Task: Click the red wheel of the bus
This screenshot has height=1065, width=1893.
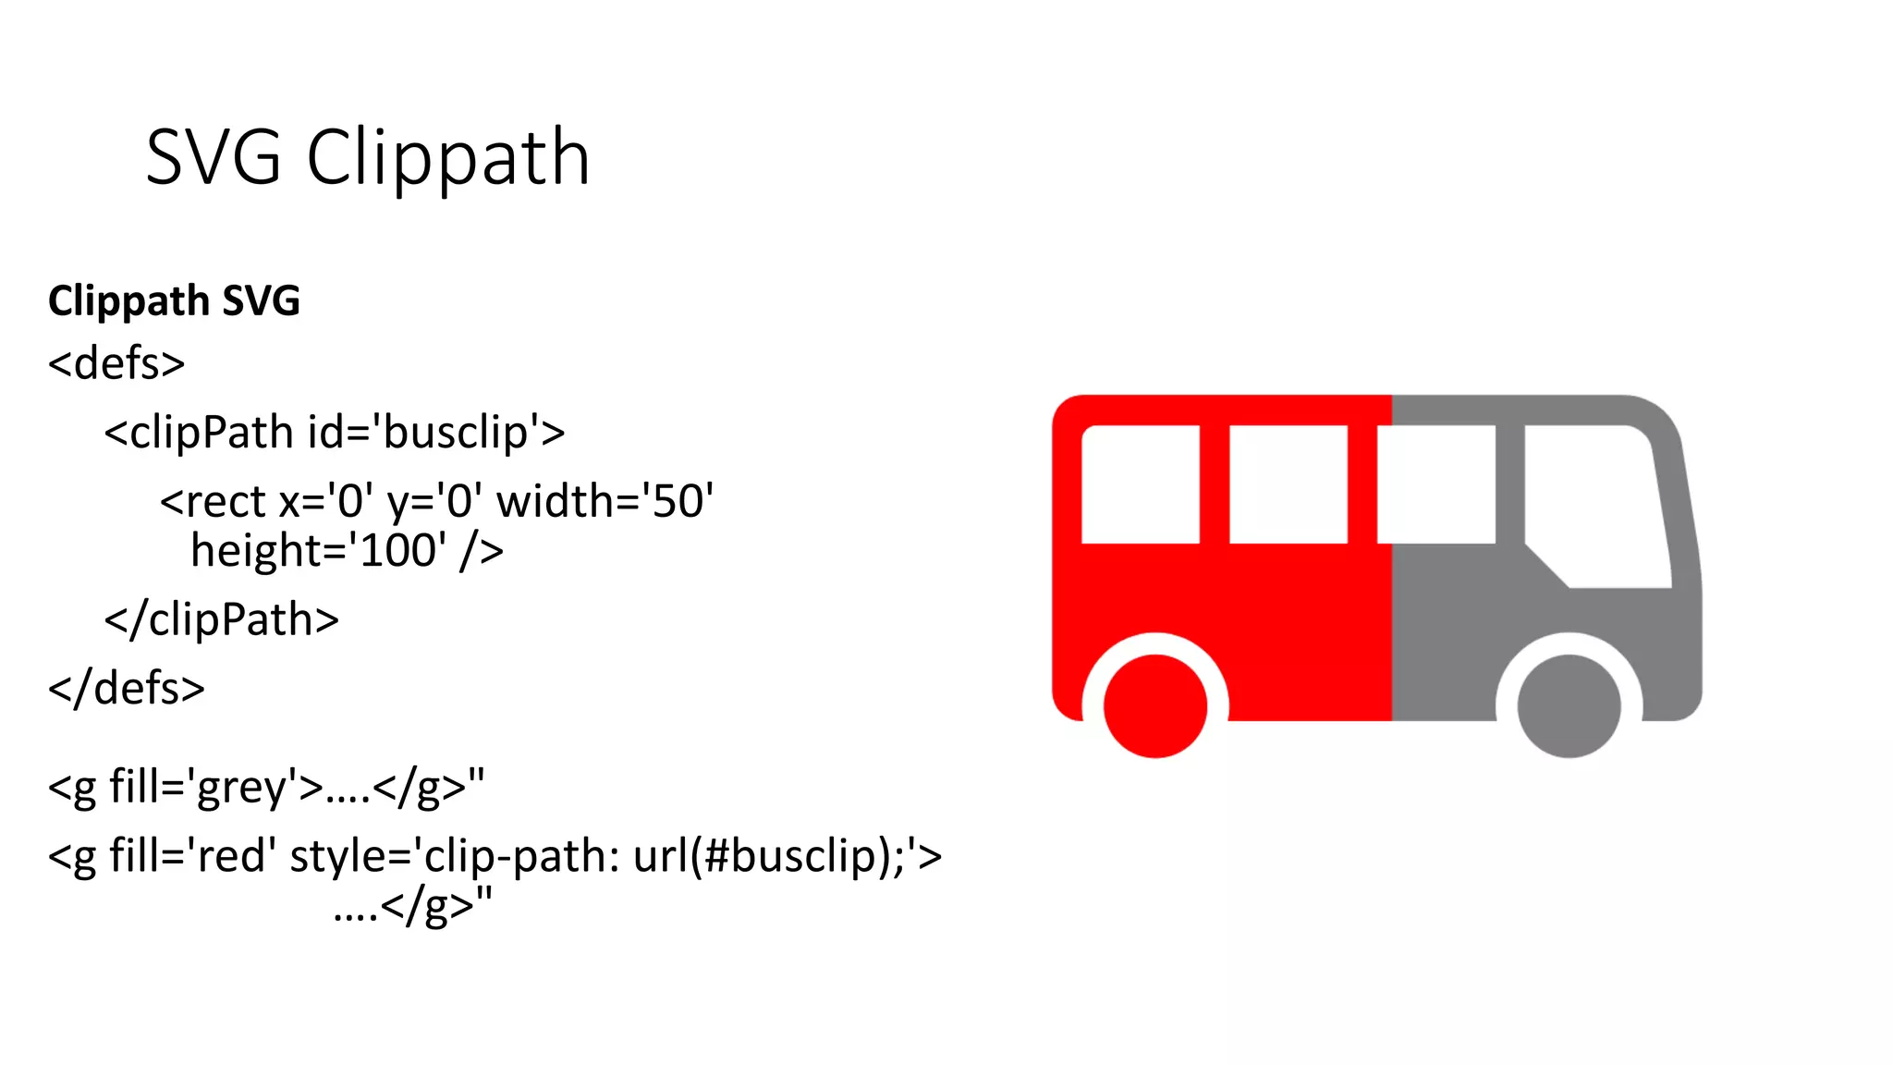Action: [x=1155, y=706]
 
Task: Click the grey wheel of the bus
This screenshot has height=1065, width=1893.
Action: [x=1569, y=706]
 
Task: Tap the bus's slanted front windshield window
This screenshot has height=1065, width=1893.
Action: [x=1594, y=504]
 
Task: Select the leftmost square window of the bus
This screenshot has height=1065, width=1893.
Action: [x=1141, y=484]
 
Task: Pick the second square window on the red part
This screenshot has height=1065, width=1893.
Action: [x=1288, y=484]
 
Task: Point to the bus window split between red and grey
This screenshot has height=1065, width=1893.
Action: [x=1436, y=484]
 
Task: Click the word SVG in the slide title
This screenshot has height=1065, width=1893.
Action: [x=214, y=158]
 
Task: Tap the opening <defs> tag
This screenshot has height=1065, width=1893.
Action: [x=116, y=363]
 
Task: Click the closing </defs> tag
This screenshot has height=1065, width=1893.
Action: [x=127, y=689]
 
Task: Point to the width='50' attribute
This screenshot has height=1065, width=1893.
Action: [x=605, y=502]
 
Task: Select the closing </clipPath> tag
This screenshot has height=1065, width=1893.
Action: [x=222, y=620]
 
